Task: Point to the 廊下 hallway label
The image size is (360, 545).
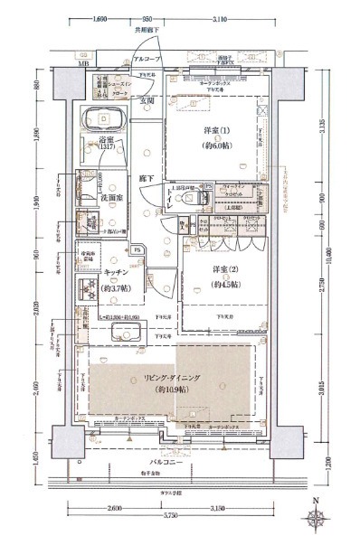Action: tap(146, 180)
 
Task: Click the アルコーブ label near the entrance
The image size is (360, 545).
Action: tap(147, 57)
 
